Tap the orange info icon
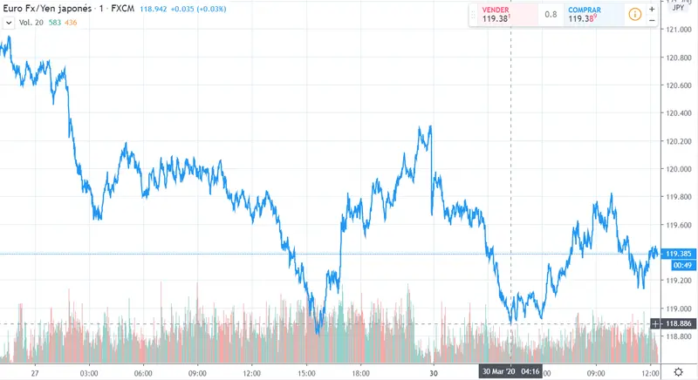(x=634, y=14)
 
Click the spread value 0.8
(x=551, y=14)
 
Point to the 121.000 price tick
(x=678, y=29)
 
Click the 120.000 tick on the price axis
(x=678, y=168)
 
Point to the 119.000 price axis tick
(x=678, y=309)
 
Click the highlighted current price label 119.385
(x=679, y=254)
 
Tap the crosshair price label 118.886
(x=679, y=324)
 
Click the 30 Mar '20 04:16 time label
(x=510, y=371)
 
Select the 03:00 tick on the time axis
(x=88, y=371)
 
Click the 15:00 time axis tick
(x=305, y=371)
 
